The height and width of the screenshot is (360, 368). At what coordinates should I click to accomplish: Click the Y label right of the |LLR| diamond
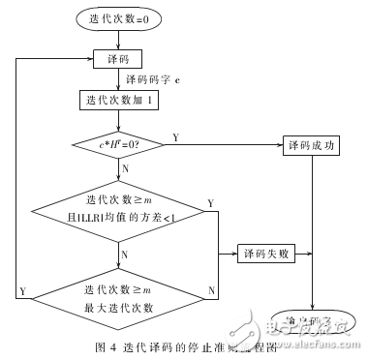pyautogui.click(x=211, y=202)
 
